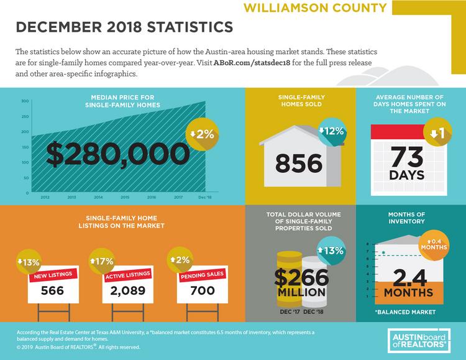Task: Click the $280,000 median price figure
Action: pyautogui.click(x=117, y=154)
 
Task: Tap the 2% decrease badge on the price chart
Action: pyautogui.click(x=202, y=134)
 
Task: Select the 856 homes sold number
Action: pyautogui.click(x=299, y=164)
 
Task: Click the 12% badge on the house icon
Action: pyautogui.click(x=331, y=131)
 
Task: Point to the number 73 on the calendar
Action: pyautogui.click(x=407, y=157)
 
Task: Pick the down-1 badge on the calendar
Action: pyautogui.click(x=438, y=132)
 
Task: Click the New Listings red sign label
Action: pyautogui.click(x=53, y=275)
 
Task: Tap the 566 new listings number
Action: pyautogui.click(x=52, y=290)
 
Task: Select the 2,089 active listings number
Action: pyautogui.click(x=128, y=291)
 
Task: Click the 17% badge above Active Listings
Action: pyautogui.click(x=102, y=261)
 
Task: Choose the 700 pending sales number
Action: pyautogui.click(x=203, y=290)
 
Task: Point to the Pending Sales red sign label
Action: pyautogui.click(x=202, y=275)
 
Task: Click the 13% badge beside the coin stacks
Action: pyautogui.click(x=330, y=250)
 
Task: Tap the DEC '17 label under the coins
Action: pyautogui.click(x=290, y=312)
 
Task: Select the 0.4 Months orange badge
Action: pyautogui.click(x=434, y=245)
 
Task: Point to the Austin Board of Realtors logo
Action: pyautogui.click(x=419, y=341)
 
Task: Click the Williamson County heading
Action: pyautogui.click(x=315, y=7)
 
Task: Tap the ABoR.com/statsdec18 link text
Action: pyautogui.click(x=252, y=63)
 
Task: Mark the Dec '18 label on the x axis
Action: pyautogui.click(x=205, y=197)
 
